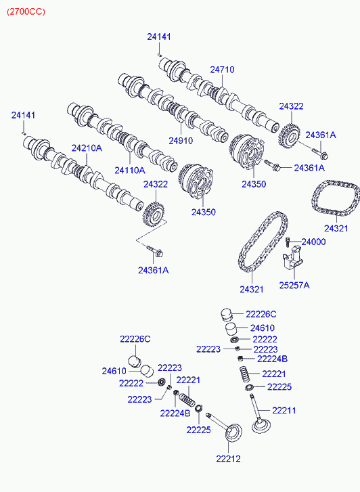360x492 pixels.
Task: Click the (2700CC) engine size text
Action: [x=26, y=12]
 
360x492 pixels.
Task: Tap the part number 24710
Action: [x=222, y=70]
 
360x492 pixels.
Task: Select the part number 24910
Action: [x=181, y=141]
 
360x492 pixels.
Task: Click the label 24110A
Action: [x=130, y=171]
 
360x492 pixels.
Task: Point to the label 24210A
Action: [x=87, y=148]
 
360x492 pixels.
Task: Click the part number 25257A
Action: [x=294, y=285]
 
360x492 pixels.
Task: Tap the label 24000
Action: [x=313, y=242]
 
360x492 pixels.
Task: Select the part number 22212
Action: [x=228, y=459]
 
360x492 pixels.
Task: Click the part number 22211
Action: [x=284, y=410]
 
